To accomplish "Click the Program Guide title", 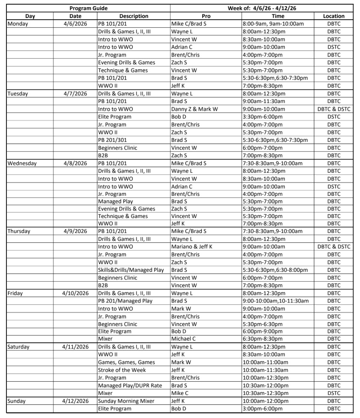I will pyautogui.click(x=89, y=8).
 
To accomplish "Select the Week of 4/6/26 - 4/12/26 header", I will pyautogui.click(x=262, y=8).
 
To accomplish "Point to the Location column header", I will pyautogui.click(x=333, y=16).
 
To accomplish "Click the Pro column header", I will pyautogui.click(x=206, y=16).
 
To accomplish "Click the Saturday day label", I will pyautogui.click(x=19, y=347).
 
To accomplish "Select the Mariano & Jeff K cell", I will pyautogui.click(x=192, y=247).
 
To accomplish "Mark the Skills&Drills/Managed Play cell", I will pyautogui.click(x=131, y=270).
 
